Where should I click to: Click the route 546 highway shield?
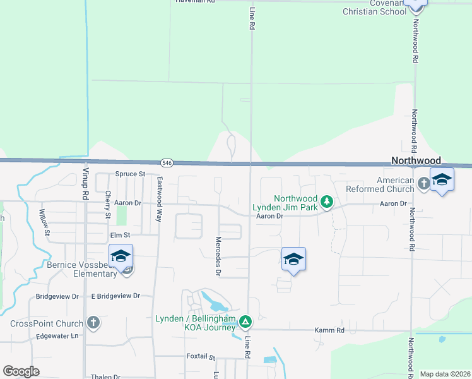[x=167, y=162]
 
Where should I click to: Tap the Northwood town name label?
[x=416, y=161]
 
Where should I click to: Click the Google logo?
[x=21, y=371]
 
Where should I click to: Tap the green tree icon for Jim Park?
[x=326, y=202]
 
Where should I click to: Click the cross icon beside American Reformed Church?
[x=423, y=184]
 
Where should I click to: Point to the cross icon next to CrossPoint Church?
[x=93, y=323]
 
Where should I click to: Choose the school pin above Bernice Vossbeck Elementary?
[x=121, y=256]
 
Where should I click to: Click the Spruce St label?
[x=130, y=174]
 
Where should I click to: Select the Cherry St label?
[x=109, y=205]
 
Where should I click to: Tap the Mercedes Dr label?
[x=218, y=256]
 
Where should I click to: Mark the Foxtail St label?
[x=201, y=356]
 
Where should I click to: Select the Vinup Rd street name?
[x=85, y=184]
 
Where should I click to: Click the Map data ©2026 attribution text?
[x=444, y=374]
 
